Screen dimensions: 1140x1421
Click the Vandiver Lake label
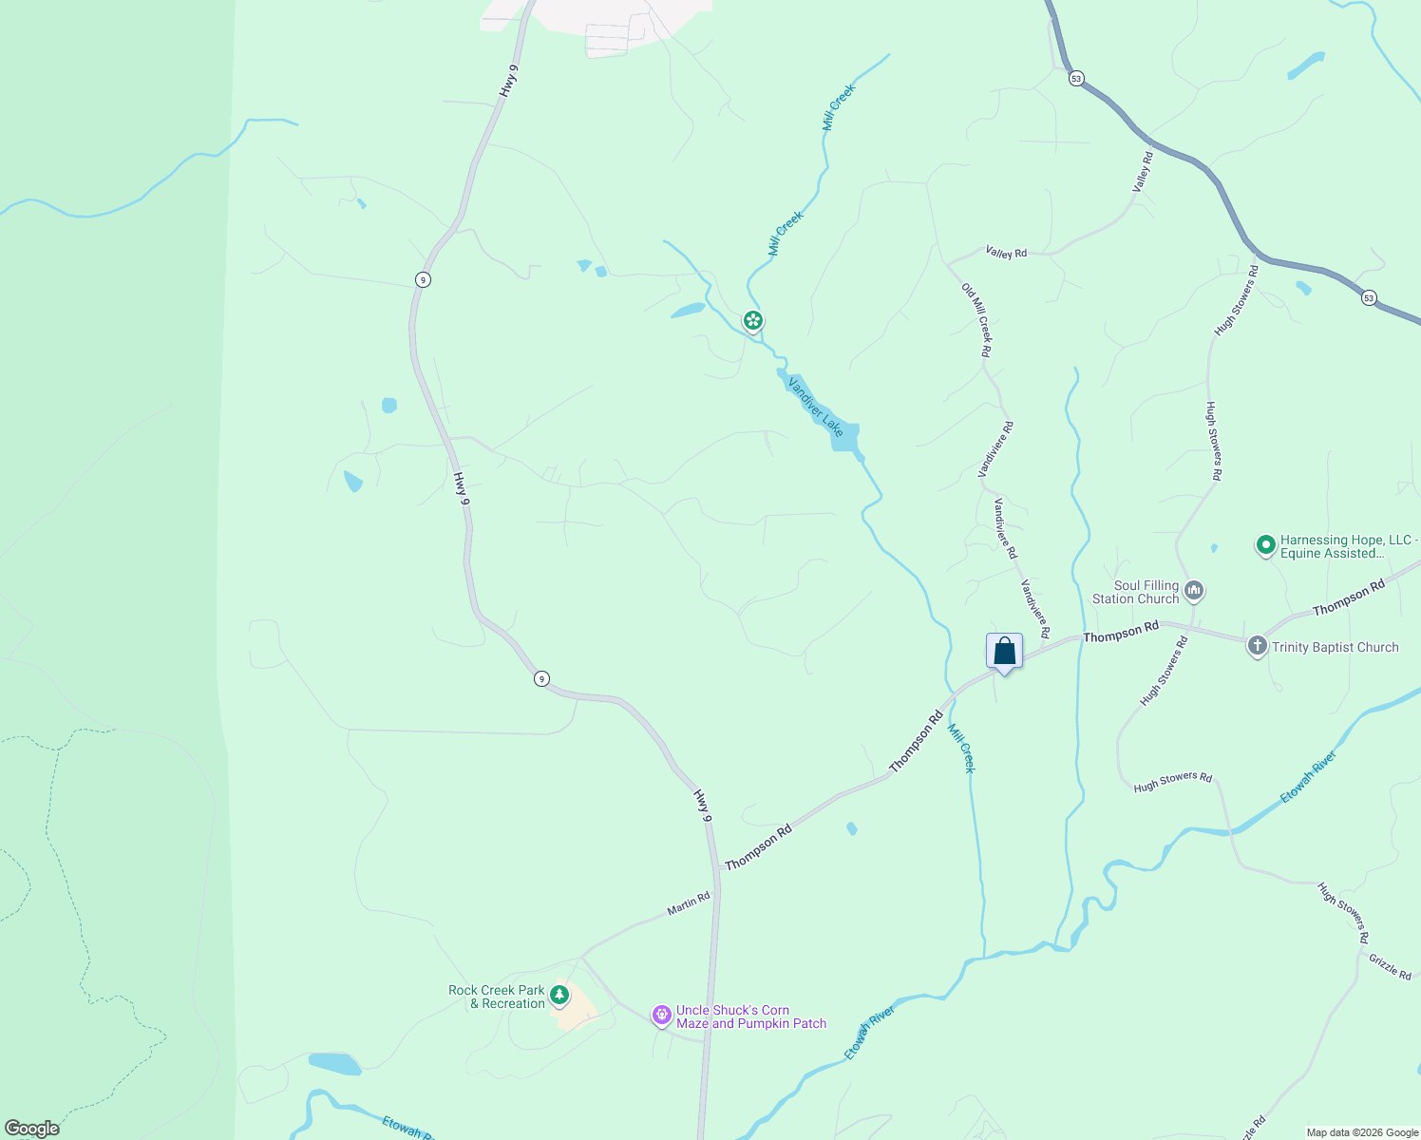click(x=815, y=406)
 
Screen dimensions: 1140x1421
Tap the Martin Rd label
click(x=688, y=903)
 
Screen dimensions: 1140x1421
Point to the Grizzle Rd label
click(x=1390, y=966)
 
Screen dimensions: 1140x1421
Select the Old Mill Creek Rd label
click(x=976, y=320)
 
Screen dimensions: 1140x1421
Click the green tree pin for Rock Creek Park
click(x=559, y=995)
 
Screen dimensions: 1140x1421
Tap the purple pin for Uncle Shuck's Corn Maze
click(x=661, y=1016)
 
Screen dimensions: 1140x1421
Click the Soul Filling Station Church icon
click(x=1194, y=591)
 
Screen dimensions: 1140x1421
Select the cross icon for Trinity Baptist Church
click(x=1257, y=647)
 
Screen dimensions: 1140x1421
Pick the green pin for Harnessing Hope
click(x=1265, y=545)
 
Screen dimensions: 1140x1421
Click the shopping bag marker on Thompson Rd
click(x=1004, y=652)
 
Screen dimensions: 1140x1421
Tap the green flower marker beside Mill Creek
click(x=752, y=321)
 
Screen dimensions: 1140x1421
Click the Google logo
click(x=31, y=1129)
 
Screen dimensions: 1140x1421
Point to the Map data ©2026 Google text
click(x=1361, y=1132)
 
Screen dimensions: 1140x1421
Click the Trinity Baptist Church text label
click(x=1335, y=647)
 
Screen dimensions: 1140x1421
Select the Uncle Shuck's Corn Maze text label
click(x=750, y=1016)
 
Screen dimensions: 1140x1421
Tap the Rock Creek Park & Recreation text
click(x=497, y=997)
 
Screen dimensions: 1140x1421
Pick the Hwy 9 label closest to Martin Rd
click(x=702, y=805)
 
